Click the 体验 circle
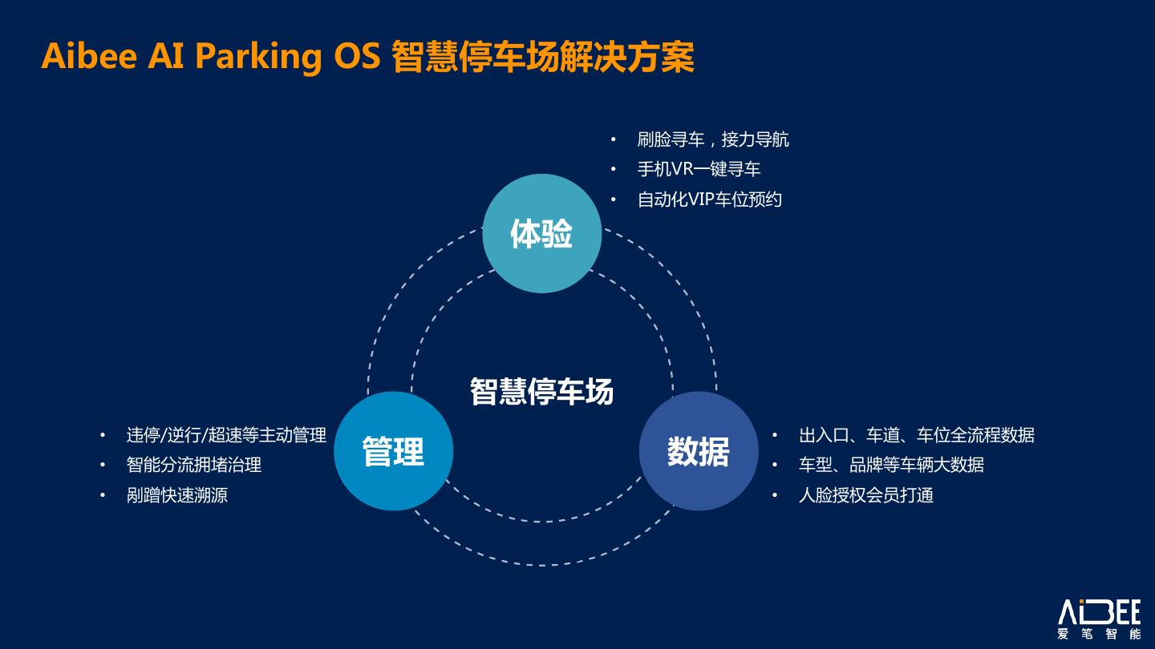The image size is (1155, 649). [541, 233]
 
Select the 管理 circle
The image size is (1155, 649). [393, 451]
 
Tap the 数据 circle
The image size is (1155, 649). [698, 451]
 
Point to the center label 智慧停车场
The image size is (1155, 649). [541, 392]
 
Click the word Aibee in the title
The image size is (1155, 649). [88, 56]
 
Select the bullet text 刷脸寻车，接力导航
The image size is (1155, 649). [713, 139]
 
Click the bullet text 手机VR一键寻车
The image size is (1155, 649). [699, 169]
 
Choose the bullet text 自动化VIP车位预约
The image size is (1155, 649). [709, 200]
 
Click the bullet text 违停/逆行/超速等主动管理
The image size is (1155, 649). [226, 435]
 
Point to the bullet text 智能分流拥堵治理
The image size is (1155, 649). [194, 465]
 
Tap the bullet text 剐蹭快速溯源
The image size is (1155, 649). [177, 495]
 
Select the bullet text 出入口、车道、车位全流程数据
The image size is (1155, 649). [916, 435]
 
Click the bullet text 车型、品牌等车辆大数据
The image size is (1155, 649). [891, 465]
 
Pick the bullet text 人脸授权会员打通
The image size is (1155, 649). [865, 495]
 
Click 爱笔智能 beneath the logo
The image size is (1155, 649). [1099, 635]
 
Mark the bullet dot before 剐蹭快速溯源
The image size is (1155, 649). [103, 495]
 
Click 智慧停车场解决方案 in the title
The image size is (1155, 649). [543, 58]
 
